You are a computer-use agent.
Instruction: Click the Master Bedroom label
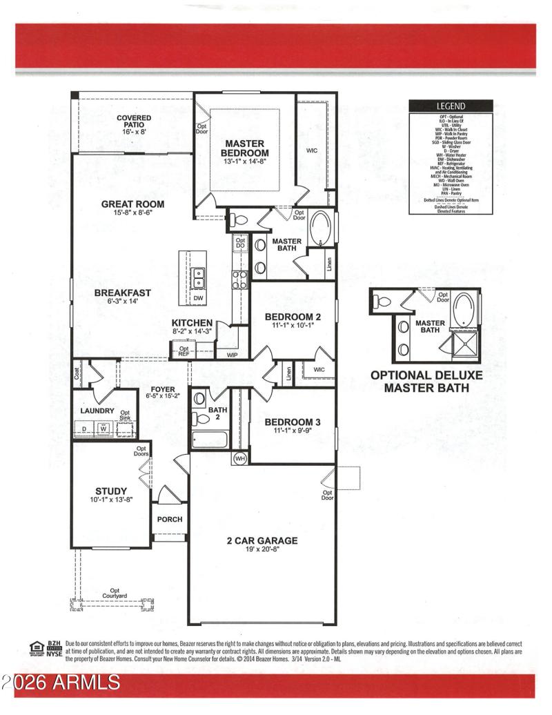point(245,148)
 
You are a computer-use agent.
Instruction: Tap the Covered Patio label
point(134,118)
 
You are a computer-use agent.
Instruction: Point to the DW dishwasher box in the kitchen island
point(198,298)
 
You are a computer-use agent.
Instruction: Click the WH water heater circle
point(240,458)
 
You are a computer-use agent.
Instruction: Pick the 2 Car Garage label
point(262,540)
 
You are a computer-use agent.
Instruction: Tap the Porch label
point(170,519)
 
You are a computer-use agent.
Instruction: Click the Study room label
point(111,491)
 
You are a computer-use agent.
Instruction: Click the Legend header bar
point(451,106)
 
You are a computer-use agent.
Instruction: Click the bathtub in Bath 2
point(210,439)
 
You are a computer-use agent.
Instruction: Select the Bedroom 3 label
point(293,422)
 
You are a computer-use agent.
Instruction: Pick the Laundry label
point(97,411)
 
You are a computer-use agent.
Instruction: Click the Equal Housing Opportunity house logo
point(37,647)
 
